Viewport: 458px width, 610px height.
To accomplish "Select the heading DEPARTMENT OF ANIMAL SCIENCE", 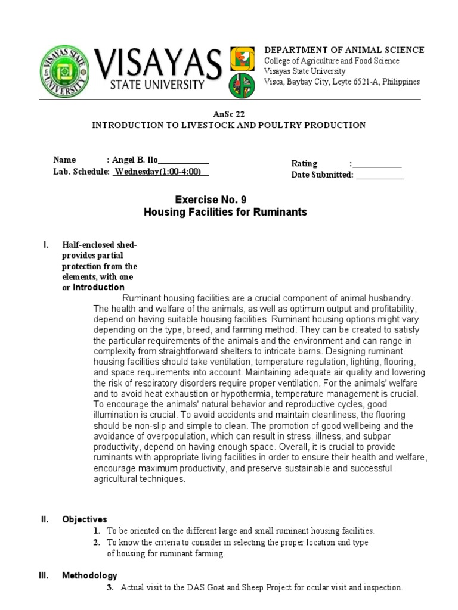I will [344, 50].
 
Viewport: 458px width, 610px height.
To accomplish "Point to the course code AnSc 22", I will [228, 114].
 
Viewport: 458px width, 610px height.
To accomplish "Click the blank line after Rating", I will [377, 164].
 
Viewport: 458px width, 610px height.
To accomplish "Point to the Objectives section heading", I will [85, 519].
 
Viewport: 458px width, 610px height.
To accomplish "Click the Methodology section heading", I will [89, 575].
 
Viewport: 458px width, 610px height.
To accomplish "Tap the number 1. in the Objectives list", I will [97, 530].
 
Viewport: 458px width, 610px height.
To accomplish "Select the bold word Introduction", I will [98, 287].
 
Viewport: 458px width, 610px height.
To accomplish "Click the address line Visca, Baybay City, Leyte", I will [342, 82].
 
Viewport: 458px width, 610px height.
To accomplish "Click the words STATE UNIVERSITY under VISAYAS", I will [157, 85].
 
